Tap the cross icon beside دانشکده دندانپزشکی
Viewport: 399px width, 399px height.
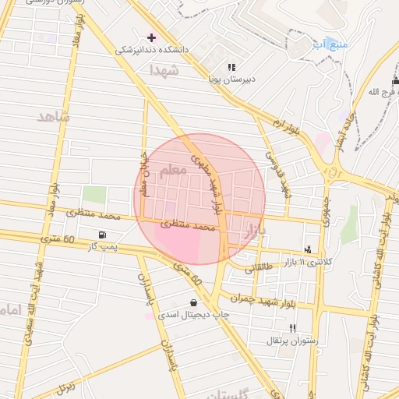click(151, 37)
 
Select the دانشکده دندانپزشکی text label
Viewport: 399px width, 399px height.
click(152, 50)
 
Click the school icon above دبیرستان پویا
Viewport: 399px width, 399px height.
click(231, 67)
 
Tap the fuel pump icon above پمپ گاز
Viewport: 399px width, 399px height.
click(102, 235)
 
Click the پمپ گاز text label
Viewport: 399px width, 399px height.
click(101, 246)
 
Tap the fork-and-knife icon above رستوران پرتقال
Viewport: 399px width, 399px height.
click(292, 328)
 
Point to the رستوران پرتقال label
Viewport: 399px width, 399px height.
click(289, 341)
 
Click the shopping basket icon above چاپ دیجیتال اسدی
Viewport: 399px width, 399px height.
click(193, 303)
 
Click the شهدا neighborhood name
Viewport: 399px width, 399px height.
click(164, 70)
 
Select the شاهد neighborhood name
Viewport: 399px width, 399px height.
click(53, 116)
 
